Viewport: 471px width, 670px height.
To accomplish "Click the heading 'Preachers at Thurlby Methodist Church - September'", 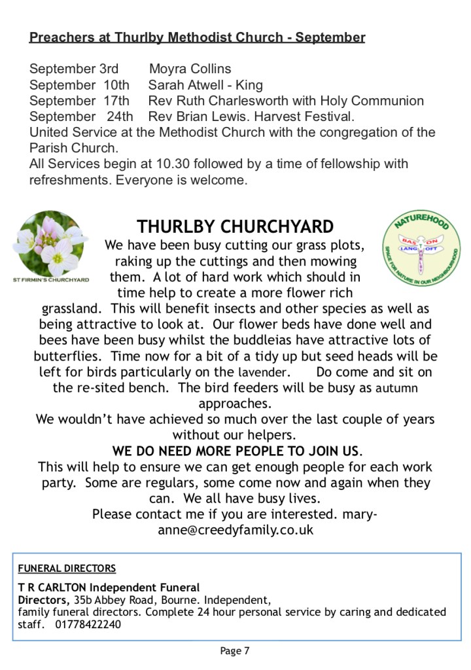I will pos(197,37).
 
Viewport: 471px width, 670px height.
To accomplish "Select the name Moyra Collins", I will pos(190,69).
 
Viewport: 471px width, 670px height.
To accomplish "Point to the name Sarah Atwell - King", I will pos(205,85).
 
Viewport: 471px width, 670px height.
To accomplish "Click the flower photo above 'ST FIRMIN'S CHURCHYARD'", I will pos(50,243).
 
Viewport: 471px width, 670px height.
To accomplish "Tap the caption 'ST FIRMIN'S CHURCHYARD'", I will pos(50,279).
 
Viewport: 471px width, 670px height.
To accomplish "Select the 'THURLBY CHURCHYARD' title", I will pos(235,227).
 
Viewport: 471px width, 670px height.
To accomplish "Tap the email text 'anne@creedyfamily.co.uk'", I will pos(235,530).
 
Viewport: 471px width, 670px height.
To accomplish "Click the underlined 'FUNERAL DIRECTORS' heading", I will pos(67,568).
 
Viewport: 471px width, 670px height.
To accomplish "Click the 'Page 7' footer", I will pos(235,650).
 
